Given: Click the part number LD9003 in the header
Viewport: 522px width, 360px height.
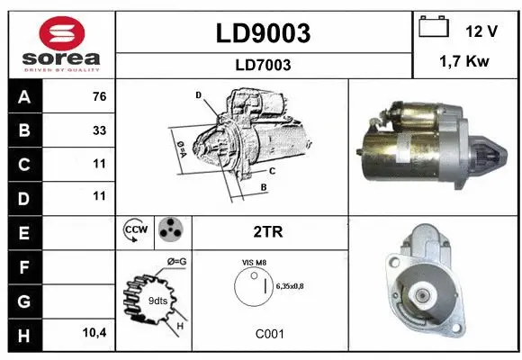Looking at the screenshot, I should tap(264, 33).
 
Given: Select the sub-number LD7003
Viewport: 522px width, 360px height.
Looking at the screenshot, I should tap(264, 65).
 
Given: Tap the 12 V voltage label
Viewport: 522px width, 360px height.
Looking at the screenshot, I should tap(481, 31).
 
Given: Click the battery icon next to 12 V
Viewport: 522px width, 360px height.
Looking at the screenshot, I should tap(434, 28).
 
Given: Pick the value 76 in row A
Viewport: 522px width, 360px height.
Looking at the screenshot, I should tap(98, 96).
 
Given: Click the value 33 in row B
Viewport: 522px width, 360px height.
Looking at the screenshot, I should tap(98, 130).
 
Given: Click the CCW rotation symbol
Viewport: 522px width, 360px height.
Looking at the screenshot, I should tap(135, 231).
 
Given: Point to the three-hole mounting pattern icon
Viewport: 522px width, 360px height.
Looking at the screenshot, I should tap(169, 231).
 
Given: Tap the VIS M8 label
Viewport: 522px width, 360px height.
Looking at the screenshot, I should tap(255, 262).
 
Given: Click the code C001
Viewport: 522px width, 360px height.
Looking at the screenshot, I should tap(269, 334).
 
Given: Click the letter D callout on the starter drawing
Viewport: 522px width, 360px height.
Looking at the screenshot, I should tap(198, 94).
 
